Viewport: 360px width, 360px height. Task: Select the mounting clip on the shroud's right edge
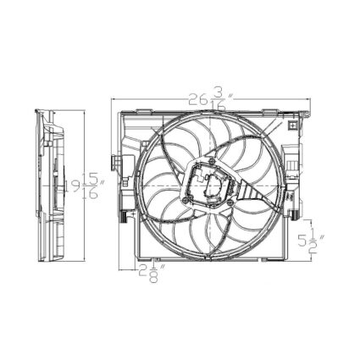pyautogui.click(x=296, y=161)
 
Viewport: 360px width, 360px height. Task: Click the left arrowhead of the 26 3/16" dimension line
pyautogui.click(x=115, y=101)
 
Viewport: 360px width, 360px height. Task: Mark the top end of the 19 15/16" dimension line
pyautogui.click(x=86, y=108)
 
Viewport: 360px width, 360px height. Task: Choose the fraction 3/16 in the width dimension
pyautogui.click(x=220, y=101)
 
